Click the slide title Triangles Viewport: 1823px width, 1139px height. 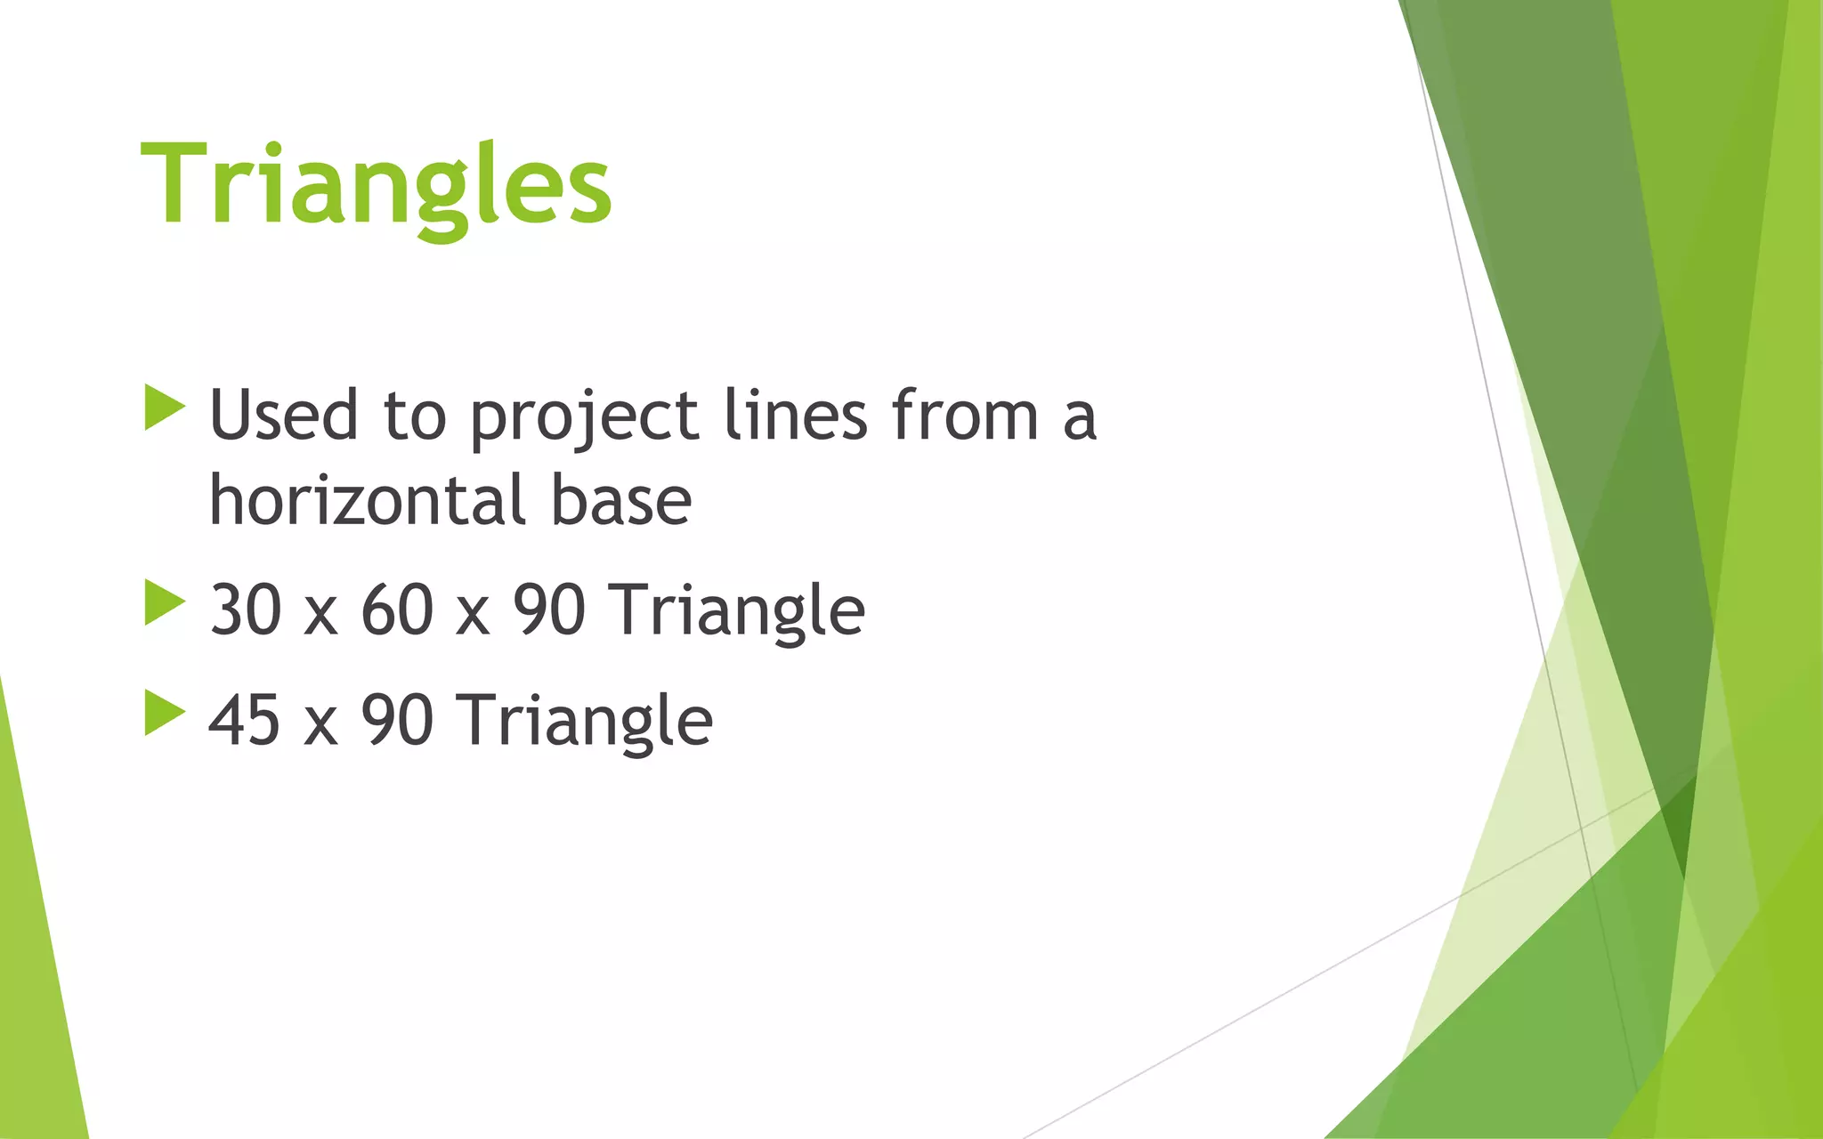click(376, 187)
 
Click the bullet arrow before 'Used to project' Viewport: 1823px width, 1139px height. click(163, 408)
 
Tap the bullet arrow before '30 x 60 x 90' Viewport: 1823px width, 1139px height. click(163, 602)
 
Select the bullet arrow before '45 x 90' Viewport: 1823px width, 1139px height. click(163, 713)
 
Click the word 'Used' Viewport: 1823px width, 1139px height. click(283, 416)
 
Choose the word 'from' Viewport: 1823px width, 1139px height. click(965, 416)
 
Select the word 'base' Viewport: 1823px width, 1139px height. click(620, 500)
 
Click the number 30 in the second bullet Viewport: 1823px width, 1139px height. click(246, 610)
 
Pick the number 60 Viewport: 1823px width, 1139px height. click(397, 610)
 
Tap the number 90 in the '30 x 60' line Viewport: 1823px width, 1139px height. click(549, 610)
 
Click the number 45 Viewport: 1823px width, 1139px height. click(246, 721)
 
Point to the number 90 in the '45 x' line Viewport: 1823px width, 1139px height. click(397, 721)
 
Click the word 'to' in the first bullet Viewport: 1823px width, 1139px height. click(414, 417)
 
